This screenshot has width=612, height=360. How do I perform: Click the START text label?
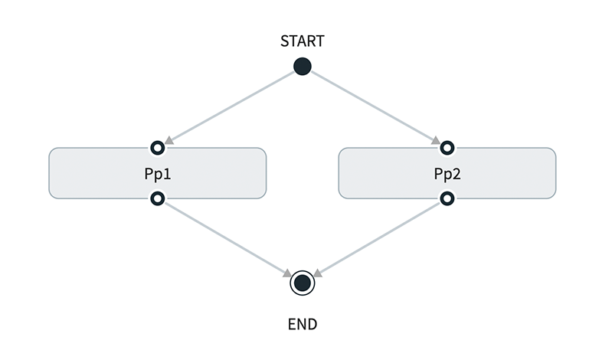(x=303, y=41)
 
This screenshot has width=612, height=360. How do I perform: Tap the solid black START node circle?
(x=303, y=67)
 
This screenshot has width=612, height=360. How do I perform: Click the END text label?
(x=303, y=324)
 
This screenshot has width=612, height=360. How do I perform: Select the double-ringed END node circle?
(x=303, y=283)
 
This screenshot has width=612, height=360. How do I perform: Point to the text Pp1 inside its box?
(x=157, y=174)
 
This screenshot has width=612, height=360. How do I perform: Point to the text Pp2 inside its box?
(x=447, y=174)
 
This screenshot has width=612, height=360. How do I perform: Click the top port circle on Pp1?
(x=157, y=147)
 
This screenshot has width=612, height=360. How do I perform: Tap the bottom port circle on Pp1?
(x=157, y=199)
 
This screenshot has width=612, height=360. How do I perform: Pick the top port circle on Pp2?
(x=447, y=147)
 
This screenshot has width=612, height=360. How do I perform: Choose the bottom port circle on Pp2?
(x=447, y=199)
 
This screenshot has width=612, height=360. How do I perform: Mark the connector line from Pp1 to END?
(x=222, y=237)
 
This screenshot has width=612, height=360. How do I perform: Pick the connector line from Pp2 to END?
(x=381, y=237)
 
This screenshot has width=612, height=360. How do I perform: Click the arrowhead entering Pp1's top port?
(x=169, y=140)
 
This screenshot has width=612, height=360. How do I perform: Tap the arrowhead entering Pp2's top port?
(x=435, y=140)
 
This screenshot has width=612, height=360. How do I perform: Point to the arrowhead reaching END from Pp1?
(x=287, y=273)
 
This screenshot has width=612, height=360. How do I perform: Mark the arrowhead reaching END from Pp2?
(x=318, y=273)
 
